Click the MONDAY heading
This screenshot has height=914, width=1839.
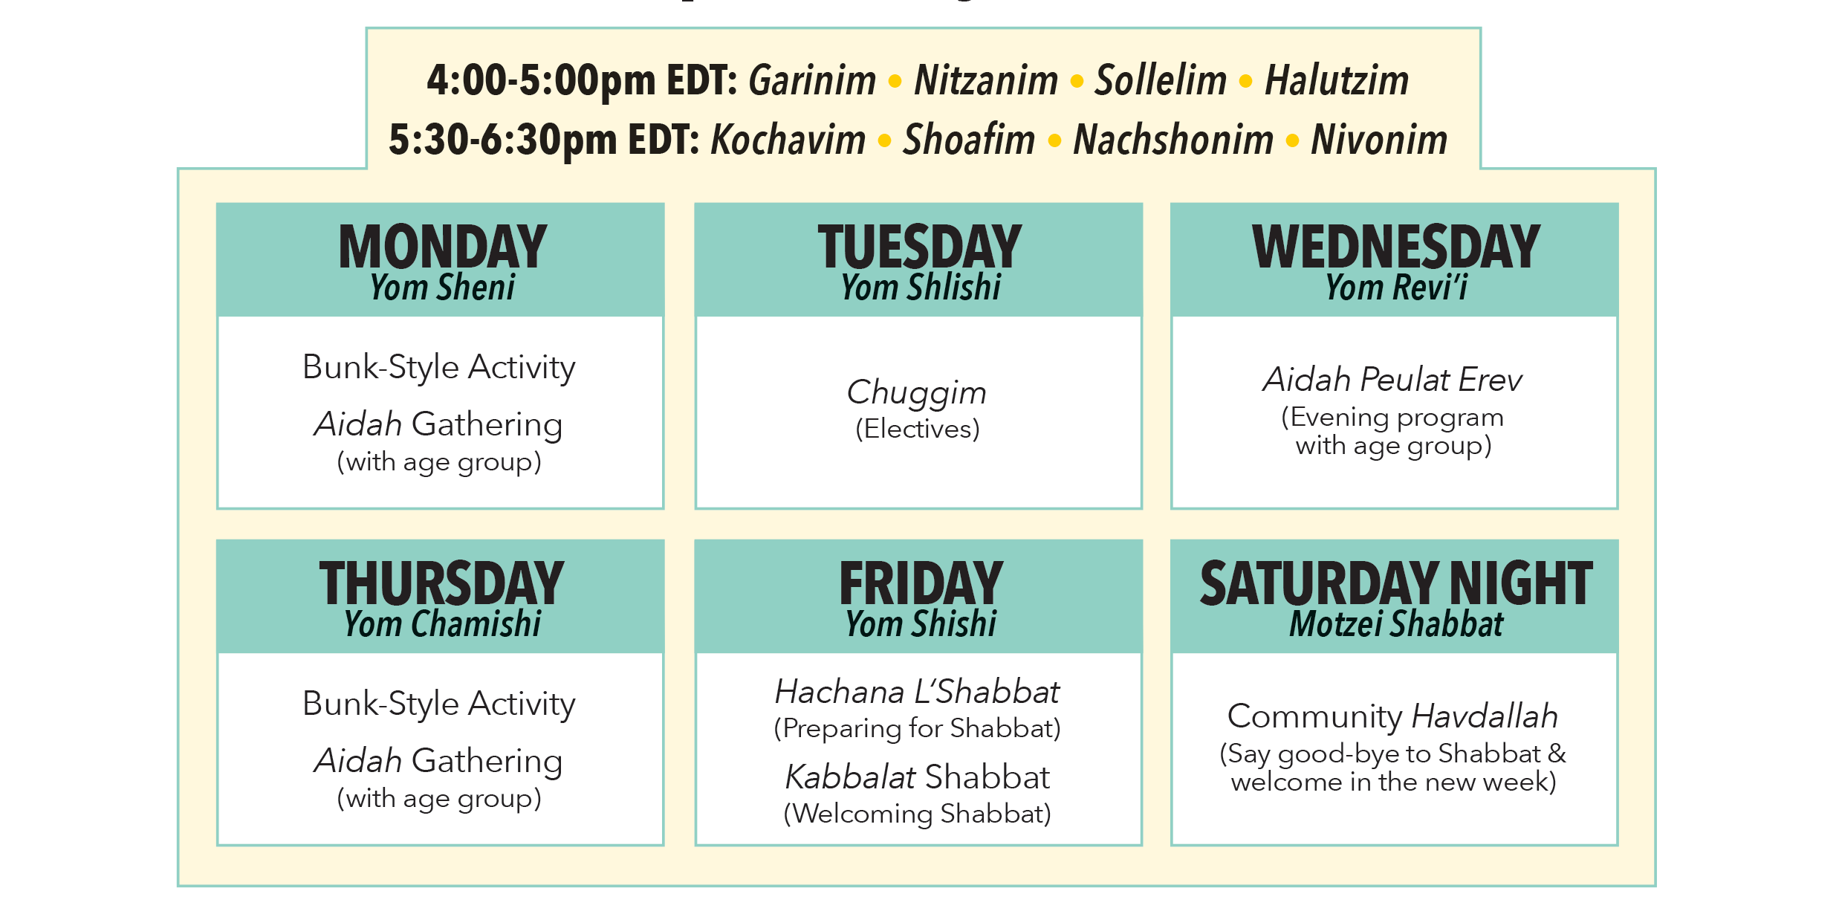click(x=443, y=247)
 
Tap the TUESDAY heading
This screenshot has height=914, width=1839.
click(x=920, y=247)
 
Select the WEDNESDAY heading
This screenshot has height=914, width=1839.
click(x=1396, y=247)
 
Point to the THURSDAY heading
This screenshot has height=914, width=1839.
click(x=442, y=583)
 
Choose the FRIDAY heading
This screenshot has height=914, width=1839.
click(x=921, y=583)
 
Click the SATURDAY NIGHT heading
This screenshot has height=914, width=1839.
click(x=1396, y=583)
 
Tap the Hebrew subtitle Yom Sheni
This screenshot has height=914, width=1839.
click(x=443, y=288)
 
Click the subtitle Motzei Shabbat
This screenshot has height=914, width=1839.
click(x=1396, y=624)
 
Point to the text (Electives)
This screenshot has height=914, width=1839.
click(x=918, y=430)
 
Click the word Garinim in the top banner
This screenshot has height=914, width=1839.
click(x=812, y=80)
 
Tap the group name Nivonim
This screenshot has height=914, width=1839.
click(x=1379, y=140)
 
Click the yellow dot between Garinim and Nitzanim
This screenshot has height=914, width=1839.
click(x=895, y=81)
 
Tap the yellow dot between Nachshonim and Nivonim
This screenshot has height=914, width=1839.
click(x=1292, y=140)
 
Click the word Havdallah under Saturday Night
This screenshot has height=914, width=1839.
click(x=1485, y=716)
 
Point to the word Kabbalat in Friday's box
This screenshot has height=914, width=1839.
click(x=850, y=777)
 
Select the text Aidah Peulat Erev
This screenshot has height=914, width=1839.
click(x=1393, y=380)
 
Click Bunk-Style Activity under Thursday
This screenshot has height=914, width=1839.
click(x=439, y=704)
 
